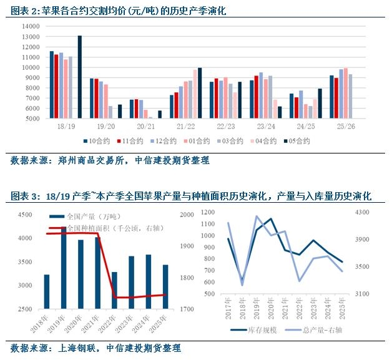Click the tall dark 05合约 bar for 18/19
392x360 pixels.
(x=80, y=76)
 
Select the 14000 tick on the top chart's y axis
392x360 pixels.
(x=30, y=27)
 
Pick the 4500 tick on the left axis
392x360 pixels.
(x=25, y=215)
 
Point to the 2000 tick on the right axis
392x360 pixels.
(x=186, y=215)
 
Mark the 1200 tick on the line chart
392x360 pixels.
(x=208, y=212)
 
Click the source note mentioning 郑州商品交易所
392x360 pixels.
(x=110, y=160)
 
